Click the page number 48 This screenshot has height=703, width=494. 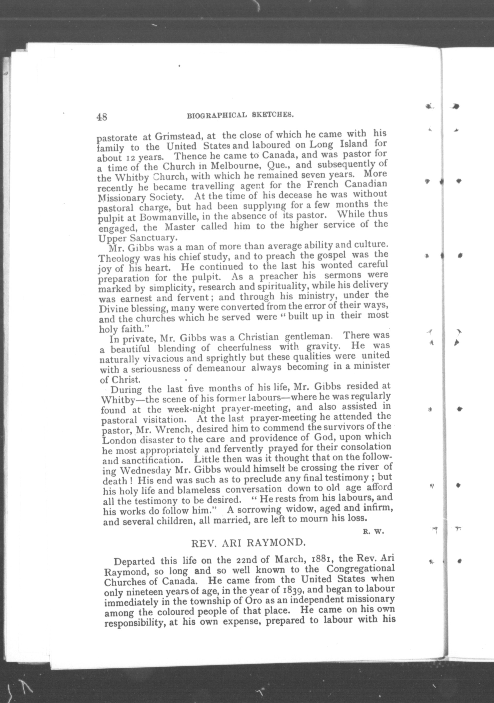[x=102, y=117]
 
